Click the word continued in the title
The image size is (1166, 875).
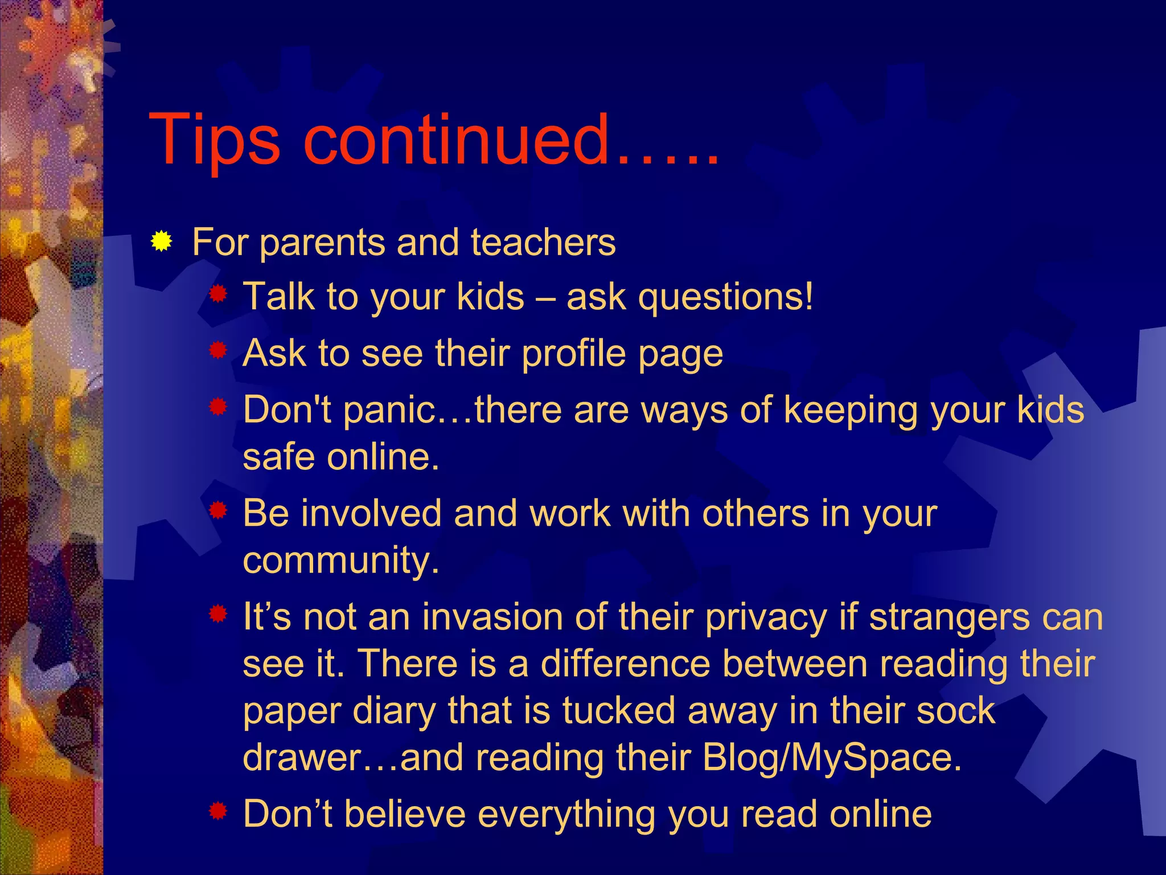455,140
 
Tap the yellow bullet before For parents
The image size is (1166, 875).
162,242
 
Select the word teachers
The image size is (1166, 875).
543,242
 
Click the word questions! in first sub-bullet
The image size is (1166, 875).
726,297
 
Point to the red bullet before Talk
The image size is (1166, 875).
218,295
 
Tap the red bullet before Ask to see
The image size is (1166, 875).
218,350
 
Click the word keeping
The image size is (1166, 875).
851,410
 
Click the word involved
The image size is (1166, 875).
370,513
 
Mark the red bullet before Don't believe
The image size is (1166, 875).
218,811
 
